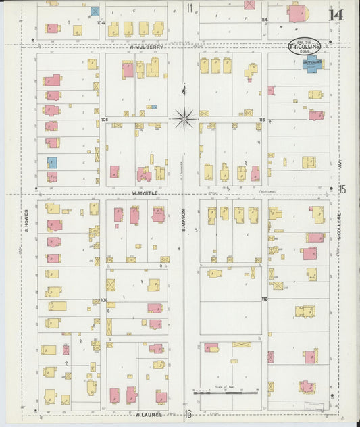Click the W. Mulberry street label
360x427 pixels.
tap(147, 47)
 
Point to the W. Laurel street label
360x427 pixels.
tap(147, 414)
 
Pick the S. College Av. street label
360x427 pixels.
tap(338, 233)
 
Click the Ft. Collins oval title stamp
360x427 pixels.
tap(305, 47)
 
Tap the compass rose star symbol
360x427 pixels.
tap(183, 119)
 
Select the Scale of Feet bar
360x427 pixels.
tap(225, 391)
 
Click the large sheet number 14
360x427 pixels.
tap(334, 14)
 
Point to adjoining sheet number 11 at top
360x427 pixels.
tap(190, 9)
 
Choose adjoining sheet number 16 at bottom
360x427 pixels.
tap(190, 413)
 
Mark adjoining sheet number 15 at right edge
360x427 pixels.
tap(342, 189)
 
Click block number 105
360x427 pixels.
tap(104, 120)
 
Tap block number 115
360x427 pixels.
tap(262, 120)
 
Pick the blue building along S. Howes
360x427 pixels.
tap(52, 162)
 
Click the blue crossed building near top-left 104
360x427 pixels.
tap(95, 11)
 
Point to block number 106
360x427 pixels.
tap(104, 299)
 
